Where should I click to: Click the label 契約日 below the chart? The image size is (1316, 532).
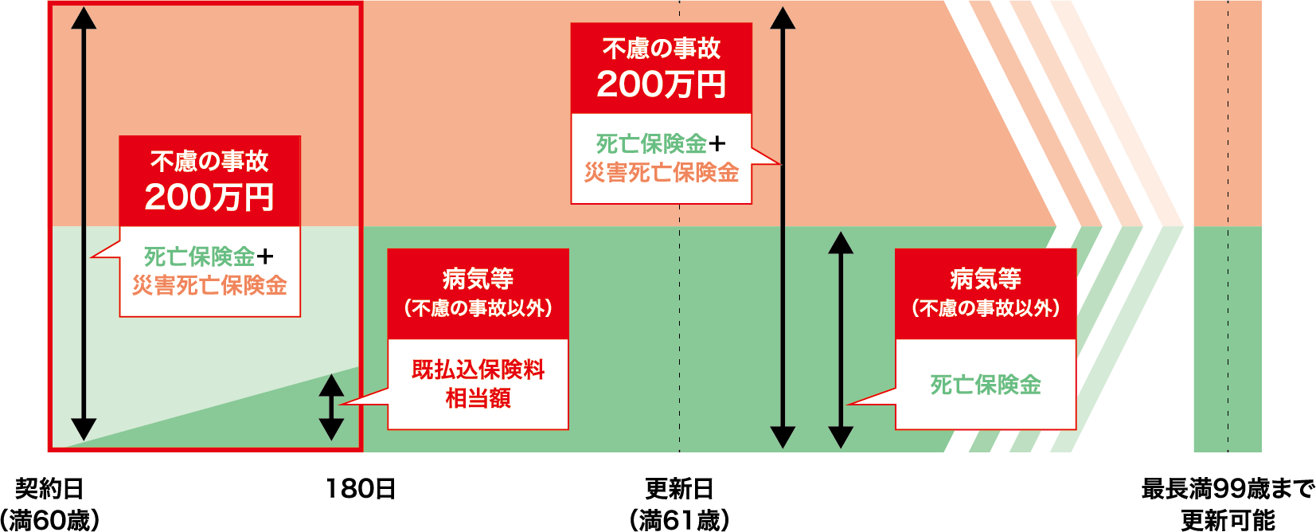(49, 489)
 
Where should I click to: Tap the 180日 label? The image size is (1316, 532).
(360, 489)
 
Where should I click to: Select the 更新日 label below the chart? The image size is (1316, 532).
(679, 489)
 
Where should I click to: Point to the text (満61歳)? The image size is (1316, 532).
(679, 520)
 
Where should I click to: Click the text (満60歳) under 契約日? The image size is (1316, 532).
(49, 520)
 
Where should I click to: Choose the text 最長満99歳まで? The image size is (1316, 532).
(1228, 489)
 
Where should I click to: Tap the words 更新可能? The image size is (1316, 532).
(1228, 520)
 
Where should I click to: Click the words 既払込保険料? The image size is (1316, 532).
(478, 370)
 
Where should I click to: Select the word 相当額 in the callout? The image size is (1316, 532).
(478, 397)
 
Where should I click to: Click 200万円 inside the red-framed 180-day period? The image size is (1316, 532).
(209, 197)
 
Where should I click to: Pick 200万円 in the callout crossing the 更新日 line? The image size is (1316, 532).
(661, 84)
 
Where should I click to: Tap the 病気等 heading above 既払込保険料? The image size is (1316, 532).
(478, 279)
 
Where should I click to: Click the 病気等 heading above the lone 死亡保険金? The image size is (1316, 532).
(986, 279)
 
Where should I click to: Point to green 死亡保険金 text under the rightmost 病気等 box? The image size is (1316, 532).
(986, 385)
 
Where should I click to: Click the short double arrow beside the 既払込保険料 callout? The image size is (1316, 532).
(331, 407)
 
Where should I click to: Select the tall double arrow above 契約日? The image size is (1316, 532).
(84, 223)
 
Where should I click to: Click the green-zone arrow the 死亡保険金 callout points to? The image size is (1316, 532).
(841, 339)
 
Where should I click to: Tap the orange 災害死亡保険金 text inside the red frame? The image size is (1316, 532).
(209, 285)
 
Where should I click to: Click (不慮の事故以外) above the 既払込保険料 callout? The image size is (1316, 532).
(478, 308)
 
